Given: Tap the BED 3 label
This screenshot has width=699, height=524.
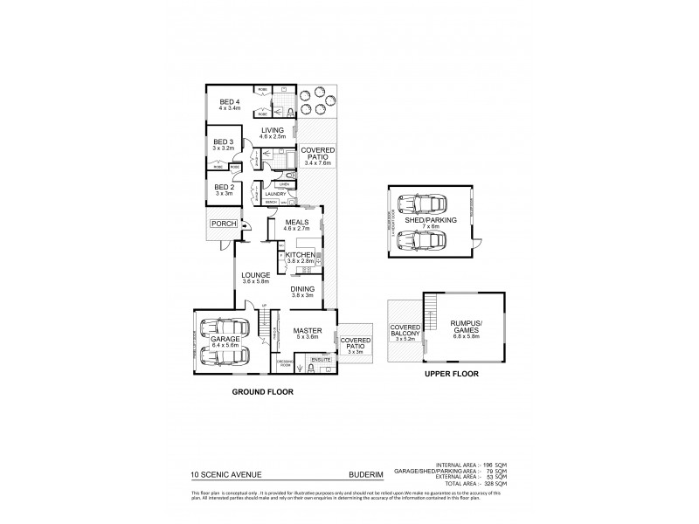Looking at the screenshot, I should point(225,141).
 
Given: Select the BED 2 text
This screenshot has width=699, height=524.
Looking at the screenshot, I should point(225,186).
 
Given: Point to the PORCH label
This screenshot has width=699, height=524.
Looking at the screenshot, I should point(219,224).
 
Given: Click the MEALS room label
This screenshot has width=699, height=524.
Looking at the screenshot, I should point(298,223).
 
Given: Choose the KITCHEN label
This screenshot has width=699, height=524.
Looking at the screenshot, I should point(299,254).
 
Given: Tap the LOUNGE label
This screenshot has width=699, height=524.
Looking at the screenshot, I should point(256,275).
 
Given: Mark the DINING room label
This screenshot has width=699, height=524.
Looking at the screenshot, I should point(302,290).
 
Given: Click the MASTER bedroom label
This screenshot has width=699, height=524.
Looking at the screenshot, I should point(308,331).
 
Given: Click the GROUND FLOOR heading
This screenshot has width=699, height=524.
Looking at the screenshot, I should point(262,393).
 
